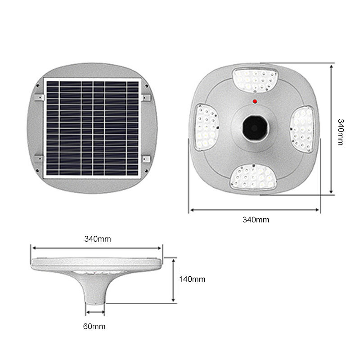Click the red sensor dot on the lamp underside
click(255, 101)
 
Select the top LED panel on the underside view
click(254, 79)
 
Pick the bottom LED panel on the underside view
click(253, 177)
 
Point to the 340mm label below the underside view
click(256, 220)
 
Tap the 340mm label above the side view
click(98, 239)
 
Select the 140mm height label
click(192, 279)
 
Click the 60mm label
click(95, 326)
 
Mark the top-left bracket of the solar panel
click(40, 97)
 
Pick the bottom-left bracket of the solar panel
click(40, 158)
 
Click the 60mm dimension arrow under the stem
click(95, 312)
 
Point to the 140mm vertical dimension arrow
click(174, 279)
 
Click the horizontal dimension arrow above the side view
click(97, 247)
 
